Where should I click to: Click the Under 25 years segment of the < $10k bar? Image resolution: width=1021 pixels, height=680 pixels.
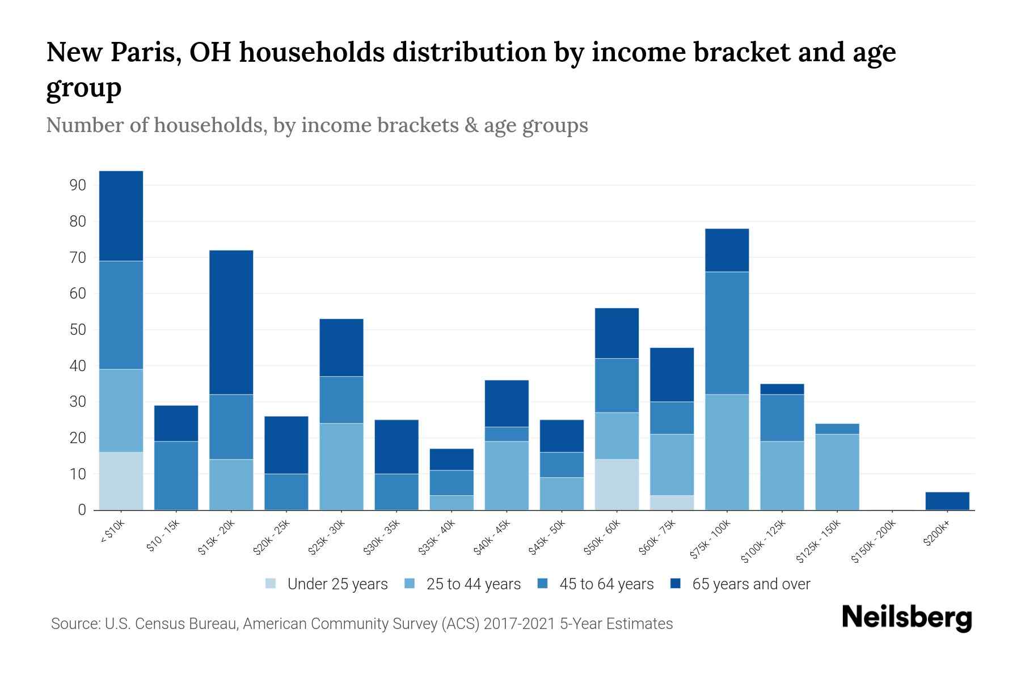121,481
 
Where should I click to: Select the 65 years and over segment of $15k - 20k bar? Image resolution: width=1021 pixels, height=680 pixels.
231,322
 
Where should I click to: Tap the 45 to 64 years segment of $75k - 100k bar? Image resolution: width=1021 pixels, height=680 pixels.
727,333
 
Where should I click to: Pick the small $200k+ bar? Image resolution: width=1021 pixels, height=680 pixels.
947,501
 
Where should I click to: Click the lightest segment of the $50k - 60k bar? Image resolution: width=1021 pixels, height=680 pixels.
617,484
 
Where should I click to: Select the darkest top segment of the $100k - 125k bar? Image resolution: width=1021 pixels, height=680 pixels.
782,389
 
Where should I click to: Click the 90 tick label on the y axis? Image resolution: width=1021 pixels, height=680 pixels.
78,185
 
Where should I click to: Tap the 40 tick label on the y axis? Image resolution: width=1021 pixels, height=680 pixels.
78,366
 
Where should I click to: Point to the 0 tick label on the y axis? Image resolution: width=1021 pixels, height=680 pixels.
82,510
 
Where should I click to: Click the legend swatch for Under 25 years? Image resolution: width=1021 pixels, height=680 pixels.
271,583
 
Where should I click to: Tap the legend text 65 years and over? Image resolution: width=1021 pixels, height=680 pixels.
751,584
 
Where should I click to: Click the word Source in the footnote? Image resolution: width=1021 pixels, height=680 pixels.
74,624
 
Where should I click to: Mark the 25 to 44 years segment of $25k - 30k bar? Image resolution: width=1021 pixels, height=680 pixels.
341,466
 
